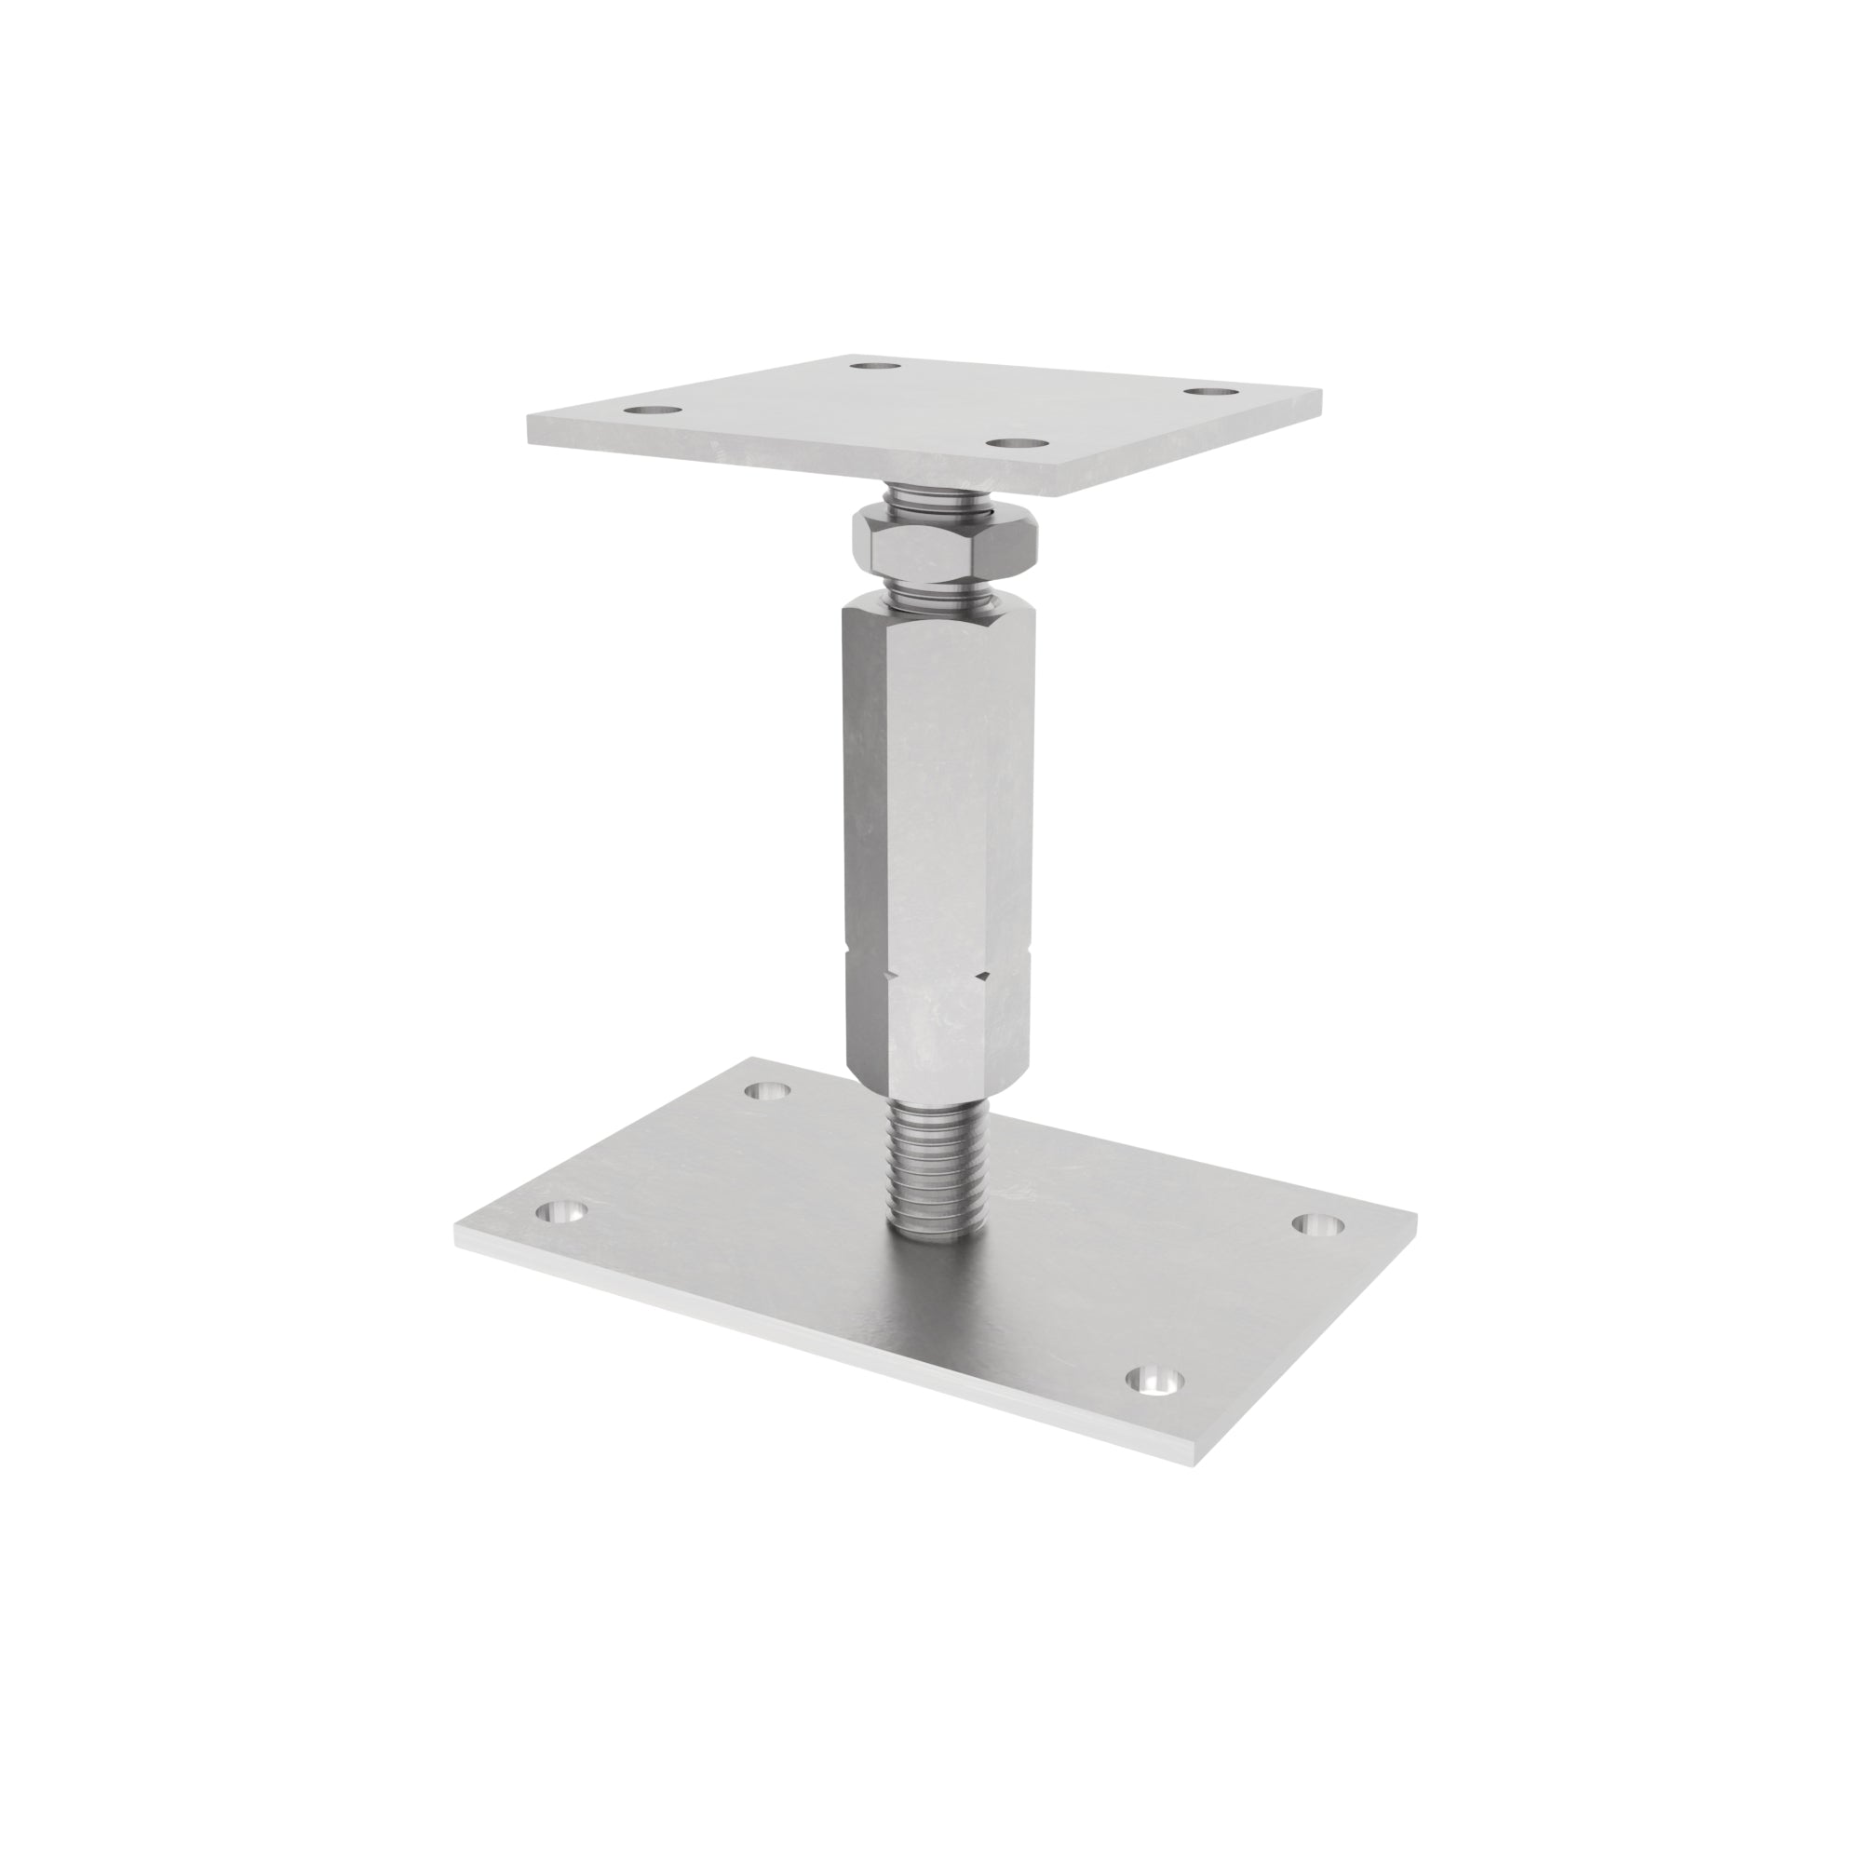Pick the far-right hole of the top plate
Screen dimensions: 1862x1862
click(1210, 391)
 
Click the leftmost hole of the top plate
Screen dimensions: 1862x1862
click(654, 411)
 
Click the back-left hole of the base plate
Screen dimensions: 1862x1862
click(769, 1091)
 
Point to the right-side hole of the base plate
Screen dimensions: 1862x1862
click(1317, 1224)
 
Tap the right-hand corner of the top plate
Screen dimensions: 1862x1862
click(1319, 398)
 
